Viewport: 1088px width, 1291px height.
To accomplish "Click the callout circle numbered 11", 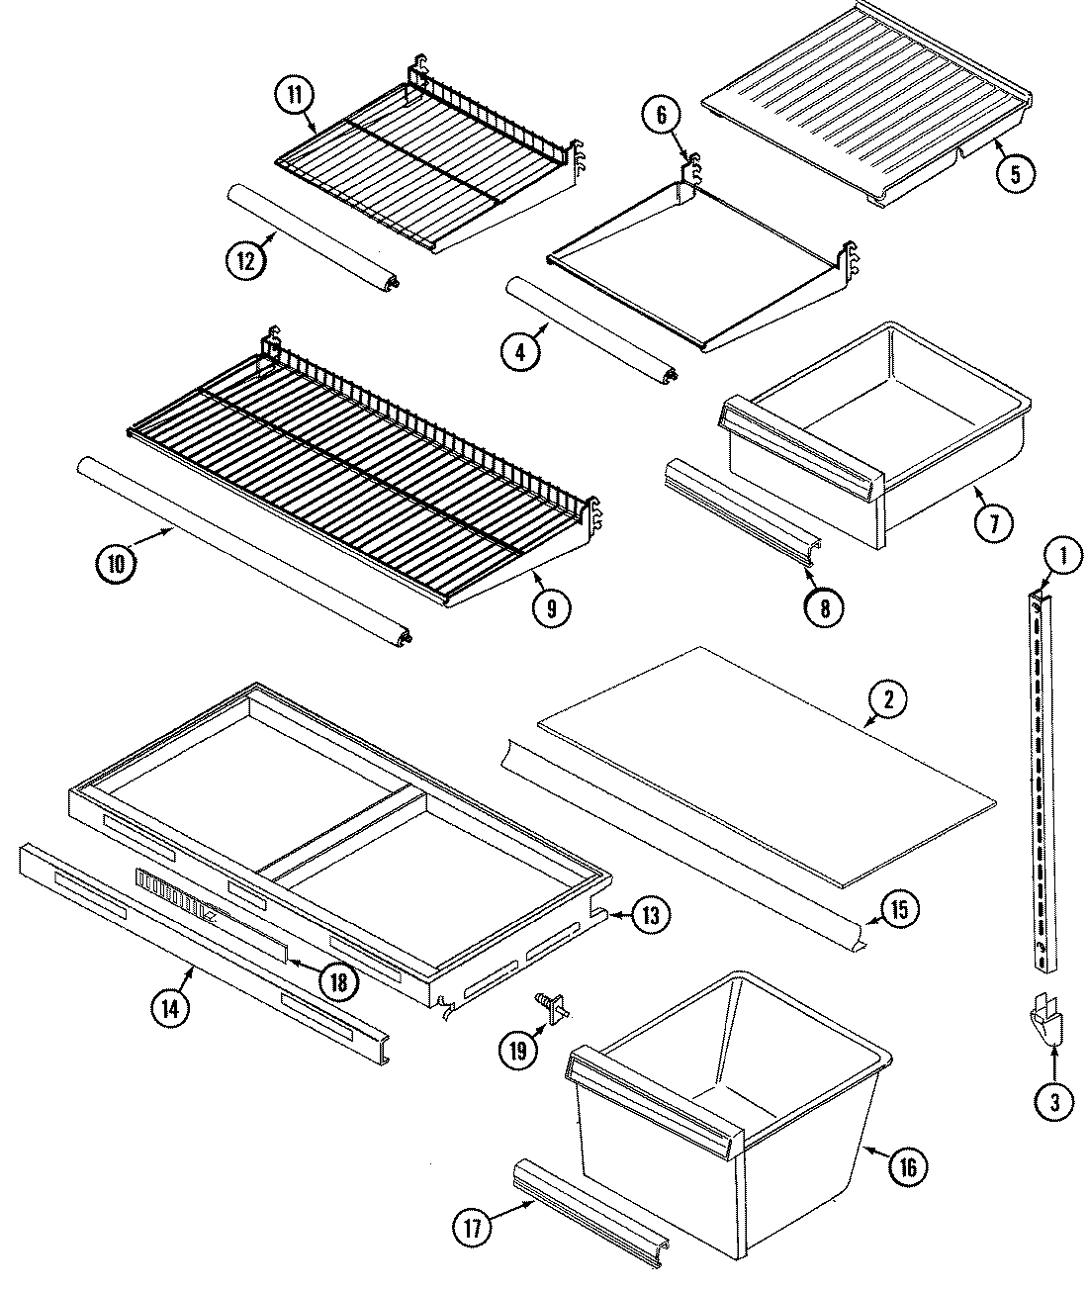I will click(x=294, y=94).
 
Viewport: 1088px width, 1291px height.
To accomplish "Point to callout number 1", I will click(x=1063, y=557).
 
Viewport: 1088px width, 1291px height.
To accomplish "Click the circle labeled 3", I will click(x=1053, y=1100).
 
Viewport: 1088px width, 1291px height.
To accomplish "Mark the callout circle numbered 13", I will click(x=649, y=914).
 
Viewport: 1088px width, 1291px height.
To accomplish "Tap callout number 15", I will click(x=898, y=908).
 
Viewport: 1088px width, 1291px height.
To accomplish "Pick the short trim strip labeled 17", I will click(x=590, y=1210).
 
